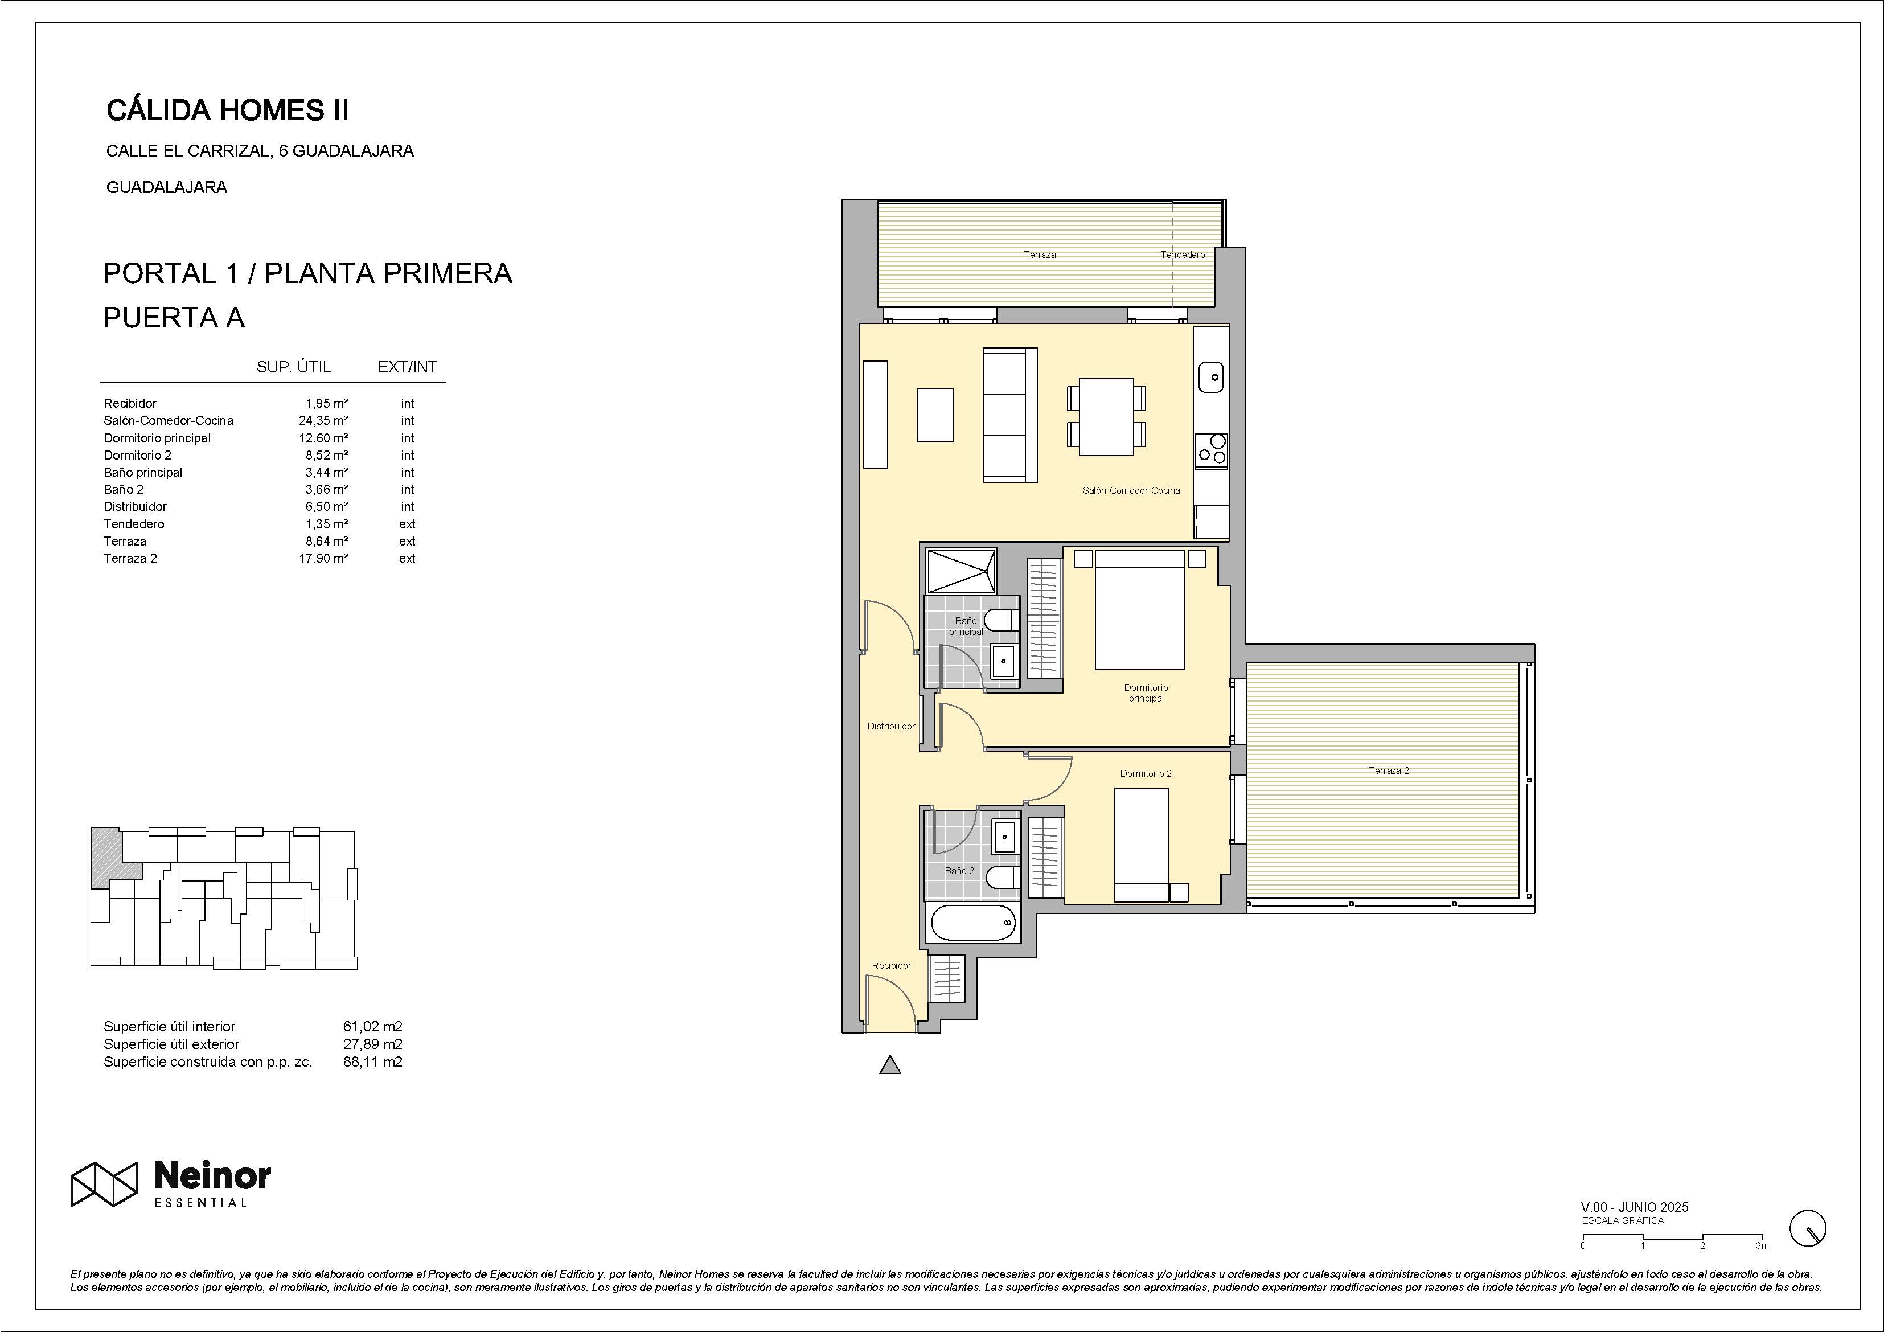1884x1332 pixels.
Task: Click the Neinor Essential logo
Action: point(171,1185)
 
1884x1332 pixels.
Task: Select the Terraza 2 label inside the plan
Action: point(1389,770)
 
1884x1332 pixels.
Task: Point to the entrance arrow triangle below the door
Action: point(890,1065)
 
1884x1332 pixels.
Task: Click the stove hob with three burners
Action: point(1211,450)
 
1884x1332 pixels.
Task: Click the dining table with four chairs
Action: point(1106,416)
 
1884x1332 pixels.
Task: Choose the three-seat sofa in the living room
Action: point(1010,415)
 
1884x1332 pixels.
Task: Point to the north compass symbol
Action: point(1808,1228)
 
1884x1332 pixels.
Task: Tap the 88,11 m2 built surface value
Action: point(372,1062)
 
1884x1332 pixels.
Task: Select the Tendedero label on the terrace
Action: point(1183,255)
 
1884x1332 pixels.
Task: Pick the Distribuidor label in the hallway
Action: point(891,726)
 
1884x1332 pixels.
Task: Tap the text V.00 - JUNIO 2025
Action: point(1635,1207)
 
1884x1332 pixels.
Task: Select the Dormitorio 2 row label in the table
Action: point(138,456)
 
